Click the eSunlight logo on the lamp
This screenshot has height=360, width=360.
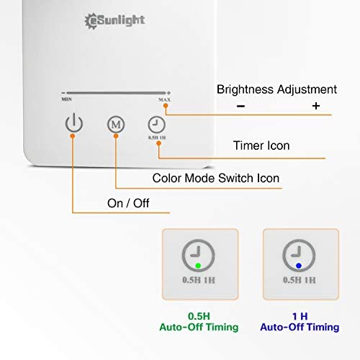coord(114,21)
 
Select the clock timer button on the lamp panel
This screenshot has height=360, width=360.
coord(156,125)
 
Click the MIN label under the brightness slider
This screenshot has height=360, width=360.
coord(66,99)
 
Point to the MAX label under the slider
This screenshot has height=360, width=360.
coord(164,99)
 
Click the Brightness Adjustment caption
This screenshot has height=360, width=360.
coord(276,89)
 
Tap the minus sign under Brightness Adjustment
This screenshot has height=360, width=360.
coord(240,106)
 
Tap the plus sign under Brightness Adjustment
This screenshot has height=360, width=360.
coord(316,106)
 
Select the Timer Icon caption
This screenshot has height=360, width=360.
coord(261,145)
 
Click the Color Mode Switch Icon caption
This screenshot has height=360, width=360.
coord(216,178)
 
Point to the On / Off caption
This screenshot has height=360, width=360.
coord(128,203)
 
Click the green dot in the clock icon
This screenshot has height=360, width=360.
coord(198,266)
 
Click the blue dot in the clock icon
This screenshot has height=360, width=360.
coord(299,266)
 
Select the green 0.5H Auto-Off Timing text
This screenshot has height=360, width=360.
coord(199,322)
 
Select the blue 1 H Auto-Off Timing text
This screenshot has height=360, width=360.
coord(300,322)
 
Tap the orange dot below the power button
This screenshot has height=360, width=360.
coord(73,136)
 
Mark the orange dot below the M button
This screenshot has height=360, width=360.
coord(116,136)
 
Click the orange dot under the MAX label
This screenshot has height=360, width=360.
coord(166,106)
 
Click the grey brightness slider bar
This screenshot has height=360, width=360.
coord(116,93)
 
